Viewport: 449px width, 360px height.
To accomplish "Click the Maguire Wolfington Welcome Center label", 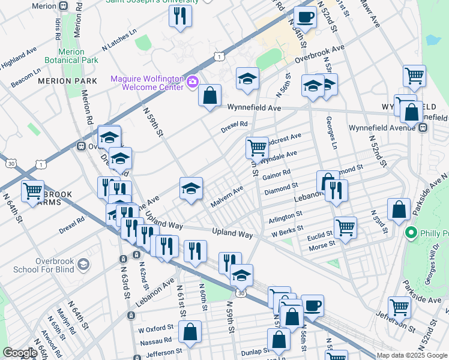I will tap(147, 83).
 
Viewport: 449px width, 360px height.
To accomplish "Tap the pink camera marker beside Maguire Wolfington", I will tap(193, 82).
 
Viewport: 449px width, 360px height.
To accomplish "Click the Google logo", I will tap(20, 353).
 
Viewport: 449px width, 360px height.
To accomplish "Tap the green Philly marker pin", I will tap(411, 233).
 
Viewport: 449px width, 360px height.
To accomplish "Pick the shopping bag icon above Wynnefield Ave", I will tap(210, 95).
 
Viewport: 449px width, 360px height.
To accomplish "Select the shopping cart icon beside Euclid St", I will tap(345, 227).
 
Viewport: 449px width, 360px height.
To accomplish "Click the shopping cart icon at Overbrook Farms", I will tap(32, 191).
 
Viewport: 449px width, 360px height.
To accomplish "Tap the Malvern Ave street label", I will tap(227, 197).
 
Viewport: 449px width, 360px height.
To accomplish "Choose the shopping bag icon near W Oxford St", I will tap(190, 332).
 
